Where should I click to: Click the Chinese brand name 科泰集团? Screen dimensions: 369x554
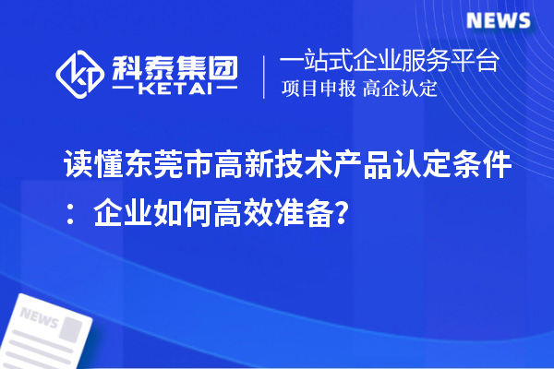(175, 63)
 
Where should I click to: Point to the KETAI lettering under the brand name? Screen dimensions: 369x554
(175, 89)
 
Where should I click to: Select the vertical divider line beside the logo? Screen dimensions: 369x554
(266, 76)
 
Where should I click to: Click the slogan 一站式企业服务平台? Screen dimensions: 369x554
(390, 62)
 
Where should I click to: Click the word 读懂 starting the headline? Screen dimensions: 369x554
(91, 169)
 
